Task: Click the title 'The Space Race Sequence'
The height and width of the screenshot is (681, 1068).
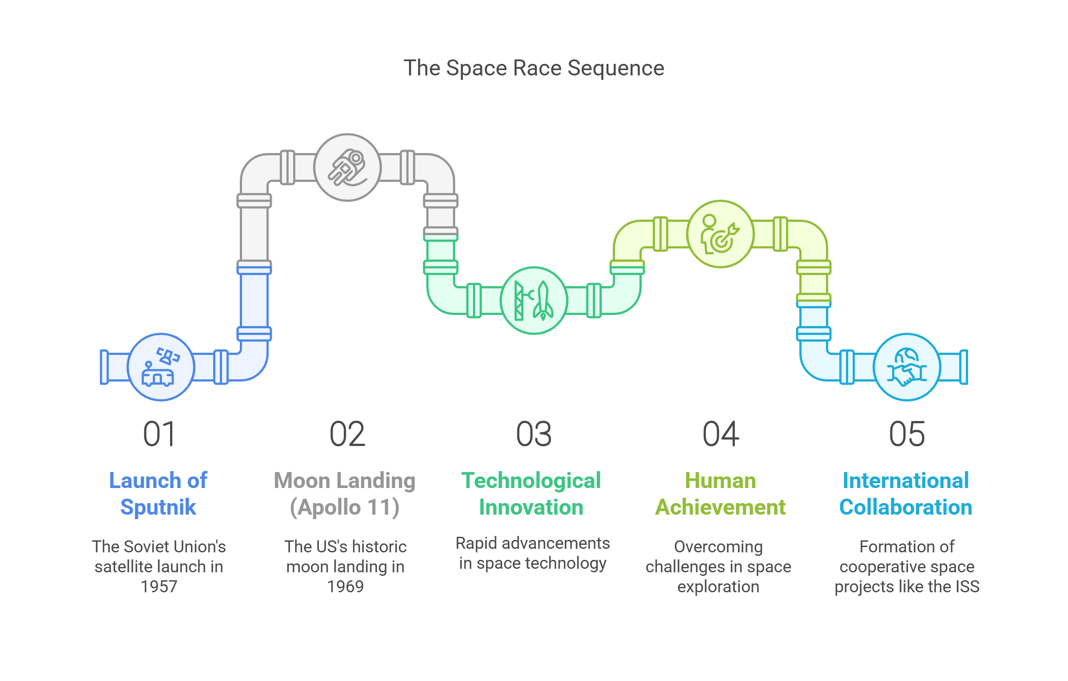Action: point(533,68)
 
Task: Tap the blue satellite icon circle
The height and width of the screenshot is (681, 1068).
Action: point(161,367)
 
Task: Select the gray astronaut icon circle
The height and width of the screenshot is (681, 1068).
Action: point(347,167)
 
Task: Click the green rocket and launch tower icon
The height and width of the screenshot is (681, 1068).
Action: point(534,300)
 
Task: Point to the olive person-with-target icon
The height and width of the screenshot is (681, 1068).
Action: point(720,234)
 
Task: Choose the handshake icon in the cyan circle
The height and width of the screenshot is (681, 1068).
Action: point(907,367)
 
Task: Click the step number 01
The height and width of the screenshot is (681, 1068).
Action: point(159,434)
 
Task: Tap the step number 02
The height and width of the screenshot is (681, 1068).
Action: point(347,434)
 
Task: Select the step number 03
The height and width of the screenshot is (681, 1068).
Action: point(534,434)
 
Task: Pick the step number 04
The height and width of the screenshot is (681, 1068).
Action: point(720,434)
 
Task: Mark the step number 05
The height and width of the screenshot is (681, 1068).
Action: point(907,434)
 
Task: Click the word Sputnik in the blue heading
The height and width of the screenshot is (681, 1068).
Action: point(158,507)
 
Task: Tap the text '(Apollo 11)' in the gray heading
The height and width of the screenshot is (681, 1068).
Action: point(345,507)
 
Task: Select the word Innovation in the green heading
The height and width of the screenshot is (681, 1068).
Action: point(531,507)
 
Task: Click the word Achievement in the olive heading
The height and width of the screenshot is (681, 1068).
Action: point(720,507)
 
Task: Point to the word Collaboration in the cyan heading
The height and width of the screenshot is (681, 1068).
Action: point(906,507)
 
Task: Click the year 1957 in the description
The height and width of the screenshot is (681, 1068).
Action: point(159,587)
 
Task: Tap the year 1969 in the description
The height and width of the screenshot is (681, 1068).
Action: point(345,587)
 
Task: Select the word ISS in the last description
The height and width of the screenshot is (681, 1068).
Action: point(967,587)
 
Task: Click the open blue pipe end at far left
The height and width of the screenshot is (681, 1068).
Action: point(104,367)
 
